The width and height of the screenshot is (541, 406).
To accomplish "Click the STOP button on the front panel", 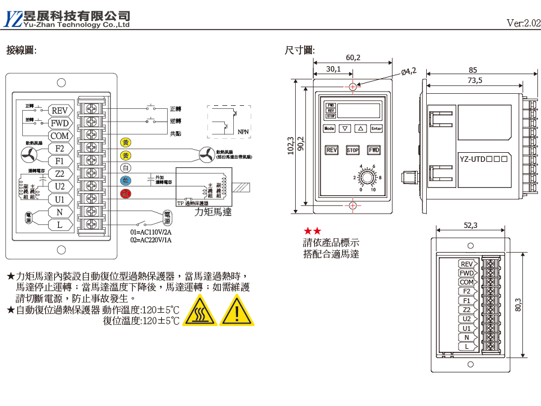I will [x=352, y=150].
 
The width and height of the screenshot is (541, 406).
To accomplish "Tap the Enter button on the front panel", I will [x=376, y=128].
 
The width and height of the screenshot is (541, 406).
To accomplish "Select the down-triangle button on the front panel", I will [x=344, y=128].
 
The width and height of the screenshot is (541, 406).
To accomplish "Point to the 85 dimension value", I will [x=473, y=70].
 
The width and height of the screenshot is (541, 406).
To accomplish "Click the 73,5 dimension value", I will [x=474, y=80].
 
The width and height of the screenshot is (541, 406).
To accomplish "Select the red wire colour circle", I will [x=126, y=193].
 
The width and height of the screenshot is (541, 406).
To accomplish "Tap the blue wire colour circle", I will [x=126, y=180].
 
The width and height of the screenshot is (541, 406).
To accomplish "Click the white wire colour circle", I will [x=126, y=168].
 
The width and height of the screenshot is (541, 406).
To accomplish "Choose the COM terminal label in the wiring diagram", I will [x=60, y=136].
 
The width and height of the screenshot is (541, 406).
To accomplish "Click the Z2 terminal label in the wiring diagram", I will [x=60, y=174].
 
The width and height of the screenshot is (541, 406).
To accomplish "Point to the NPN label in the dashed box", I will [x=243, y=131].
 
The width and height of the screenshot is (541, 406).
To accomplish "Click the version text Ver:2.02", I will [x=523, y=23].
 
